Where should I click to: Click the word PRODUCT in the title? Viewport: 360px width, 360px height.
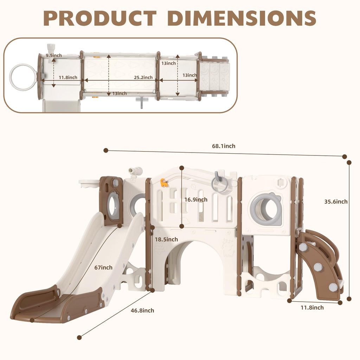tap(100, 18)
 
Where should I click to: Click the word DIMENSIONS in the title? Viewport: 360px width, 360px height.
tap(242, 18)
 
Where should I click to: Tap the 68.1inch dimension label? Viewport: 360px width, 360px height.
tap(224, 146)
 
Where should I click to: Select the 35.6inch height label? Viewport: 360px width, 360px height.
tap(336, 201)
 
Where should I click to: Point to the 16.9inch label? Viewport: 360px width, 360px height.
tap(196, 200)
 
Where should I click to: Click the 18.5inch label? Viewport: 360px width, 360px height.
tap(166, 239)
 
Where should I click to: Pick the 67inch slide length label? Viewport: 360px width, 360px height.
tap(103, 268)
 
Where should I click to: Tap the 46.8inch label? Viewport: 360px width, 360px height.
tap(142, 310)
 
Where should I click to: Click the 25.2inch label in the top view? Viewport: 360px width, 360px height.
tap(143, 77)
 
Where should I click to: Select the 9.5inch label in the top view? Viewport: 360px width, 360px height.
tap(54, 55)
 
